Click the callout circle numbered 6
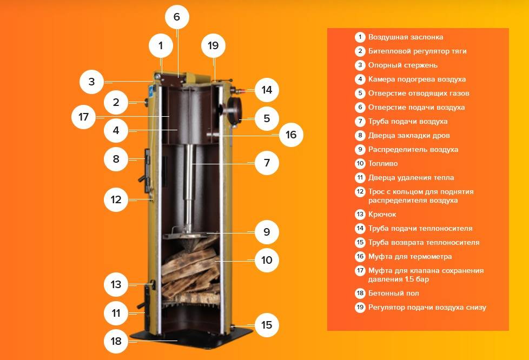pyautogui.click(x=177, y=17)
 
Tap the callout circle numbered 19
pyautogui.click(x=213, y=45)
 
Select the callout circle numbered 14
pyautogui.click(x=267, y=90)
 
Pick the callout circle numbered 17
pyautogui.click(x=84, y=117)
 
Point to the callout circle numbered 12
pyautogui.click(x=116, y=199)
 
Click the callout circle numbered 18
pyautogui.click(x=116, y=341)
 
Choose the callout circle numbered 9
pyautogui.click(x=267, y=232)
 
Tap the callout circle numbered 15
pyautogui.click(x=267, y=325)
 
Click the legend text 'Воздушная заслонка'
pyautogui.click(x=406, y=37)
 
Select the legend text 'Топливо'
pyautogui.click(x=383, y=163)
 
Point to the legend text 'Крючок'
pyautogui.click(x=382, y=215)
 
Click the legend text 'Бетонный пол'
pyautogui.click(x=393, y=294)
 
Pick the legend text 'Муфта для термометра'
pyautogui.click(x=410, y=257)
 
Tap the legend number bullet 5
pyautogui.click(x=360, y=94)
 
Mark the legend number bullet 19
pyautogui.click(x=360, y=308)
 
